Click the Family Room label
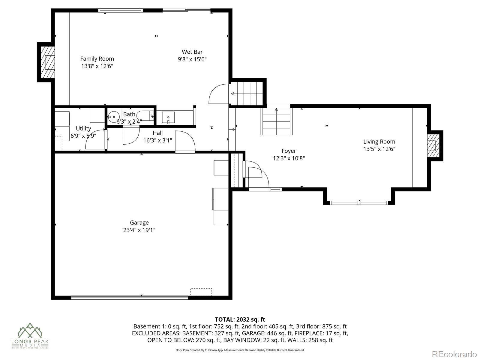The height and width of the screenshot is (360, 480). coord(97,59)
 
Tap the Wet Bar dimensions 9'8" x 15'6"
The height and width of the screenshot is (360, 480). coord(192,59)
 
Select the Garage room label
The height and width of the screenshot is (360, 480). coord(139,223)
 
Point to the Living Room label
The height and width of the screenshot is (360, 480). coord(379,142)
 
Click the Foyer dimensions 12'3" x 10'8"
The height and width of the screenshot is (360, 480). coord(289,158)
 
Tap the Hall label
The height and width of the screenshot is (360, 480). coord(157,133)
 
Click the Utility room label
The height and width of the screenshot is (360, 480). coord(83,128)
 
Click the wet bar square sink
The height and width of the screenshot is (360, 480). coord(168,117)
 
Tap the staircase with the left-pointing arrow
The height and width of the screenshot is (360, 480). coord(247,93)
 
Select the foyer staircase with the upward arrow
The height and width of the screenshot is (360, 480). coord(276,121)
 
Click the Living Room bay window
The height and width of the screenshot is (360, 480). coord(359,203)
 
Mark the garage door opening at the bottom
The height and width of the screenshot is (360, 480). coord(129,298)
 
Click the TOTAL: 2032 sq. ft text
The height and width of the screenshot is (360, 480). coord(240,319)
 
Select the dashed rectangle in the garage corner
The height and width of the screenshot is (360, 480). coord(201,292)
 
